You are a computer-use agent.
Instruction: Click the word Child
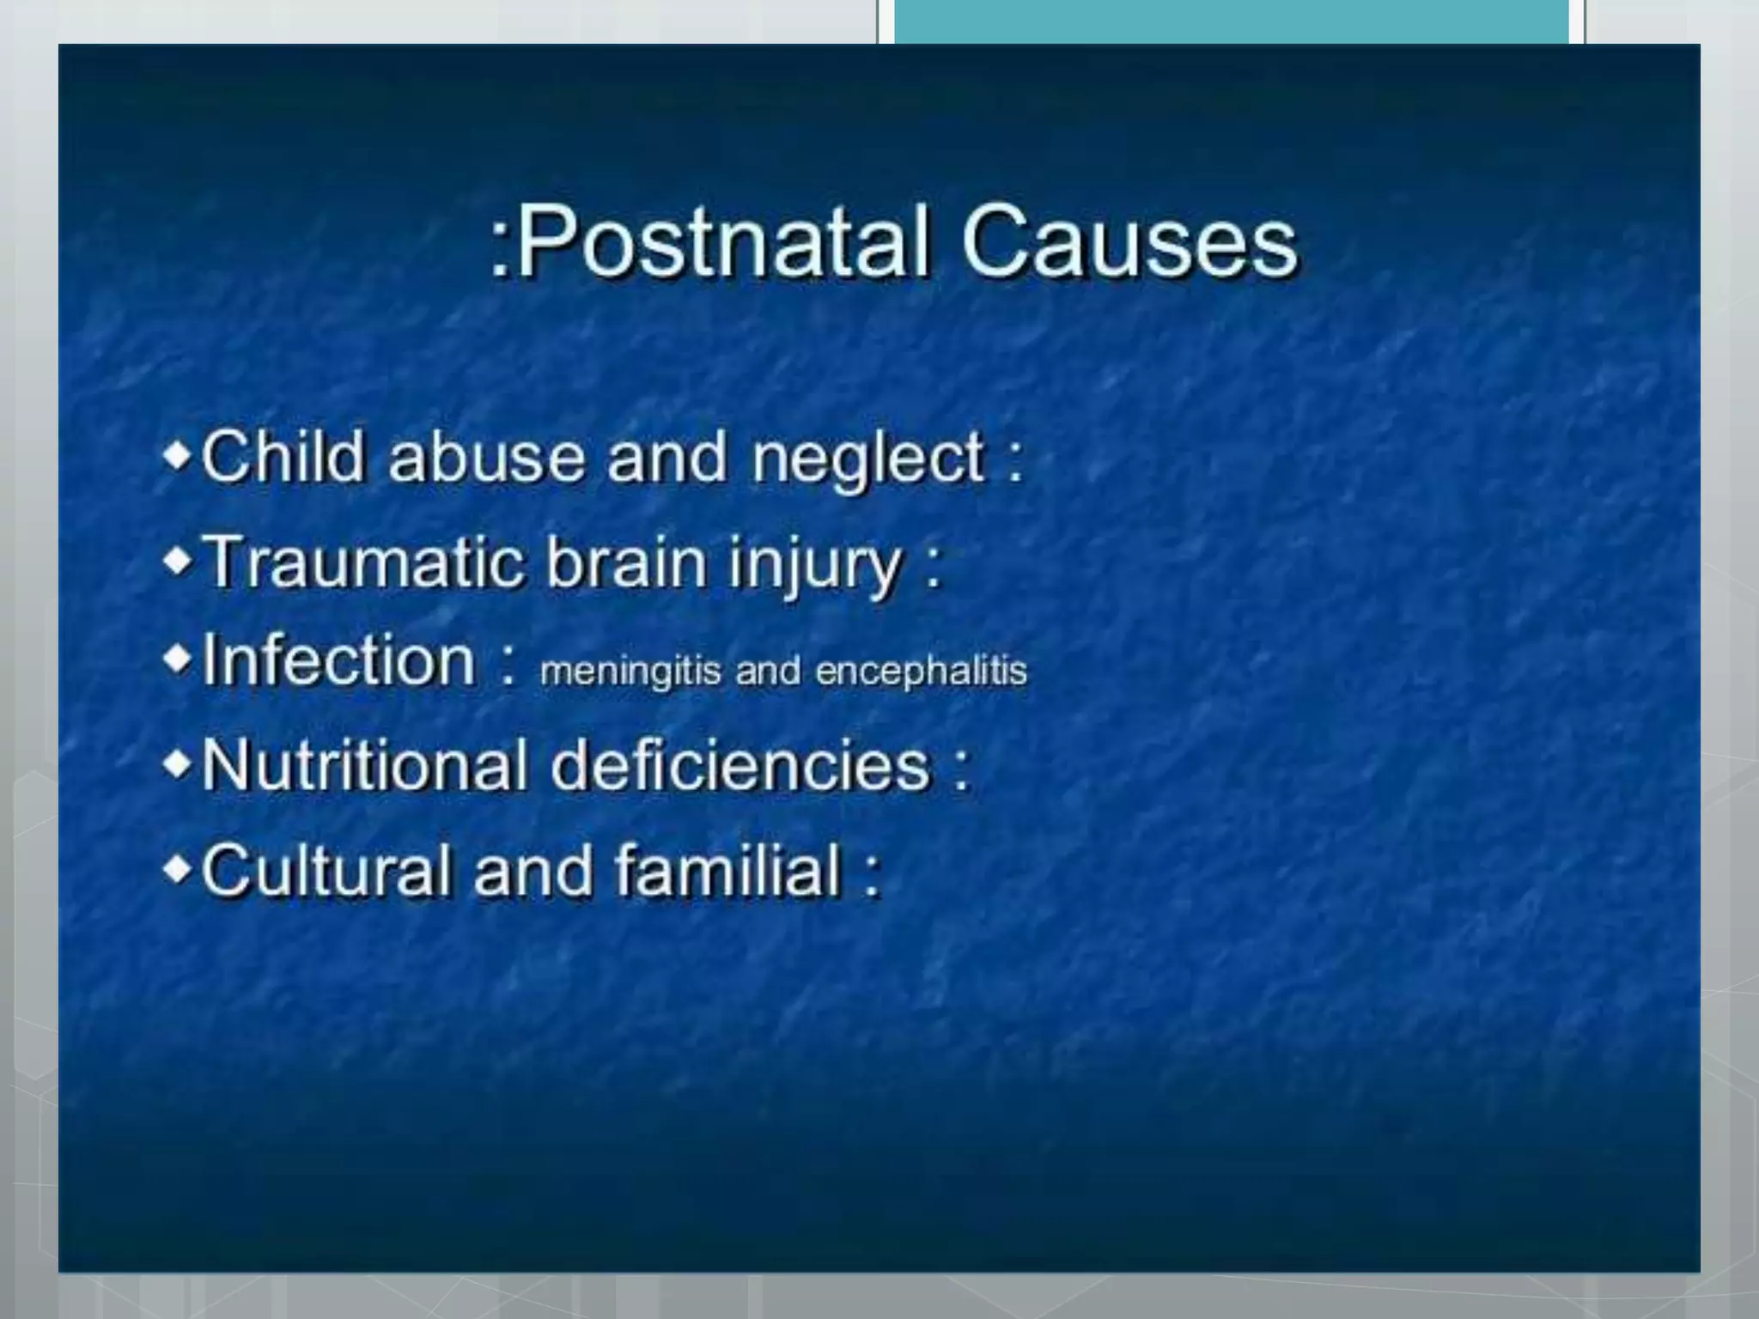pyautogui.click(x=283, y=456)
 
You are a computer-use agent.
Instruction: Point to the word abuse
pyautogui.click(x=486, y=456)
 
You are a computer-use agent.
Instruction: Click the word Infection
pyautogui.click(x=338, y=660)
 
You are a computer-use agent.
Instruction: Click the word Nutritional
pyautogui.click(x=364, y=764)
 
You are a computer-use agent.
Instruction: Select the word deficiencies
pyautogui.click(x=740, y=764)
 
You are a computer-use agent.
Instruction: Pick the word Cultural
pyautogui.click(x=326, y=870)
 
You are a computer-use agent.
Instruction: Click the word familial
pyautogui.click(x=728, y=870)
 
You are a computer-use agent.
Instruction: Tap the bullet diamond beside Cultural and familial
pyautogui.click(x=178, y=869)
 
